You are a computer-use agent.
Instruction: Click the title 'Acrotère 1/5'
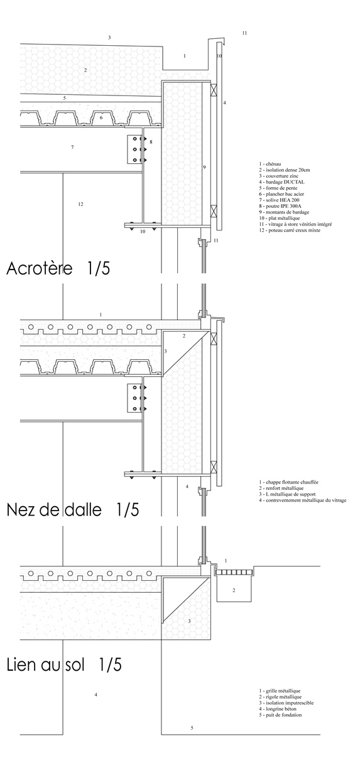coord(58,268)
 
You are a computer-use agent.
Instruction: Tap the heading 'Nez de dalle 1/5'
coord(73,509)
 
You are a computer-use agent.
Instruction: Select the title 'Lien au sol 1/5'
coord(63,664)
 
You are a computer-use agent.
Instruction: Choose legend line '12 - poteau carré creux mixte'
coord(290,230)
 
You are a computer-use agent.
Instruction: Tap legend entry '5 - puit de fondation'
coord(280,715)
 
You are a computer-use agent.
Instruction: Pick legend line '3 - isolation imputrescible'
coord(286,703)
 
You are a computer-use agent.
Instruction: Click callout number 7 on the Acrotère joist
coord(72,147)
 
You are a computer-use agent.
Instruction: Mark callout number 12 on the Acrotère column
coord(80,204)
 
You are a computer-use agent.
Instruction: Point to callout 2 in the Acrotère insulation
coord(85,70)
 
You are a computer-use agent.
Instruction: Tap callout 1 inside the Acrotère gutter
coord(185,56)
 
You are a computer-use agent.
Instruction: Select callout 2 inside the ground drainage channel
coord(234,590)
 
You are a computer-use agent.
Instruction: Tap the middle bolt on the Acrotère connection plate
coord(135,149)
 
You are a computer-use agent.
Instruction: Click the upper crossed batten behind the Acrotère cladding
coord(214,90)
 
